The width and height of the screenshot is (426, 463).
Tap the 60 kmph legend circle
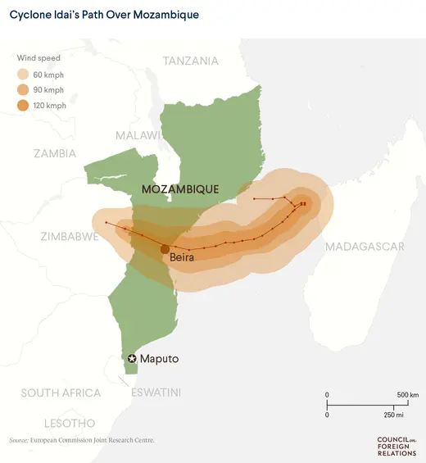(x=26, y=75)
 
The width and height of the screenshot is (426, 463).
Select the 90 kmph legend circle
(x=26, y=89)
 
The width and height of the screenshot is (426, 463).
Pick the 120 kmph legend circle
(x=26, y=105)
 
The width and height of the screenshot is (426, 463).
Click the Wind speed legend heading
(x=39, y=58)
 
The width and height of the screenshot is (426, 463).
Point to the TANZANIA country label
(x=191, y=61)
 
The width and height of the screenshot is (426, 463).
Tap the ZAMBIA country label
(x=55, y=153)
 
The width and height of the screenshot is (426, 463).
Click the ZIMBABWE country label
(x=70, y=236)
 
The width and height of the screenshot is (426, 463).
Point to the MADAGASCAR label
(x=365, y=247)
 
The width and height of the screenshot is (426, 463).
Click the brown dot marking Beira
(x=165, y=249)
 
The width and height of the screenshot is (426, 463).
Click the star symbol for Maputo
(x=132, y=359)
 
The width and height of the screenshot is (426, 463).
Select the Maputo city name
(x=159, y=359)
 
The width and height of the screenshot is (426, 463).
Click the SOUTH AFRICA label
(x=62, y=393)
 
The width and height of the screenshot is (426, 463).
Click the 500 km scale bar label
(x=408, y=395)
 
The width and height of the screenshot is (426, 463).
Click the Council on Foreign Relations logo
(x=397, y=445)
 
